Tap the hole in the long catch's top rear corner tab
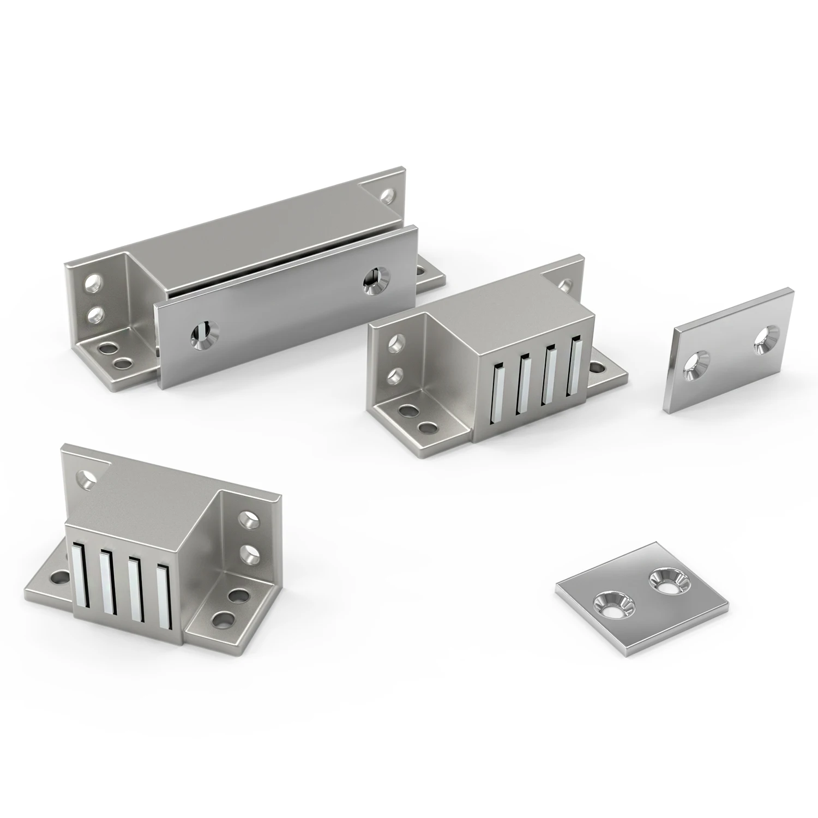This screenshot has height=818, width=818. [x=388, y=196]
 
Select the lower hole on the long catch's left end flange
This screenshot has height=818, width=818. [x=95, y=314]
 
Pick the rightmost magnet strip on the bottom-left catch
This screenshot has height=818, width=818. [x=163, y=596]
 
